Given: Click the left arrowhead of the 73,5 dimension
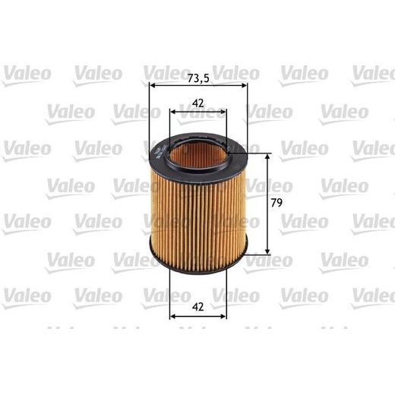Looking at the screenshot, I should click(x=153, y=86).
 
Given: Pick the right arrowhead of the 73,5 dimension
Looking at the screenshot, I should click(x=245, y=86).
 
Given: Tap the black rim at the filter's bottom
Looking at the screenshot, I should click(x=197, y=259).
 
